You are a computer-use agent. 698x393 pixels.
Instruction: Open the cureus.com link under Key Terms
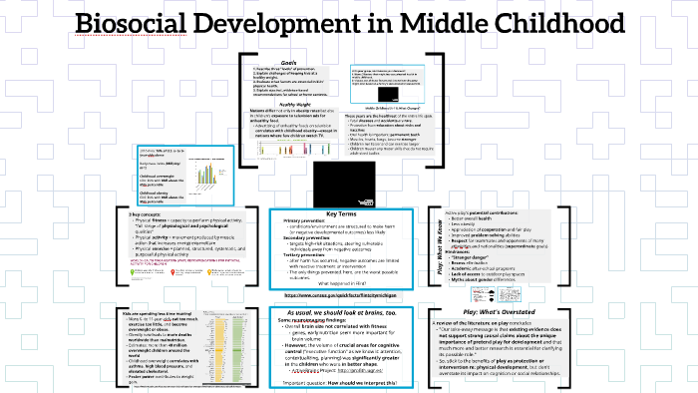coord(347,295)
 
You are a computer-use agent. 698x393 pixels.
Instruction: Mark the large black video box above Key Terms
coord(348,184)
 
